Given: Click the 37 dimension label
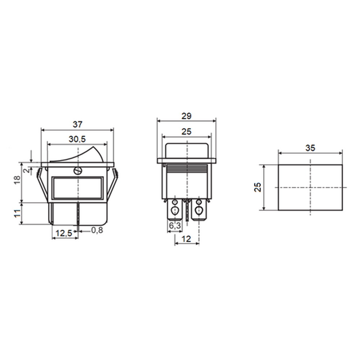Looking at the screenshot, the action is coord(77,125).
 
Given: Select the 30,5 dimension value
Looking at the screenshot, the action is coord(77,139).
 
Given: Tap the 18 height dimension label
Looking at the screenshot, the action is coord(18,180).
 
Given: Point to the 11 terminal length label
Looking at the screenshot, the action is coord(18,213).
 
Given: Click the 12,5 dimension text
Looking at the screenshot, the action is coord(64,233).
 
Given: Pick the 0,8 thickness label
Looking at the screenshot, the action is coord(97,230).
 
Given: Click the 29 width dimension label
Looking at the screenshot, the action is coord(186,116).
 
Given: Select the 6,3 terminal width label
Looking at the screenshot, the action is coord(175,226).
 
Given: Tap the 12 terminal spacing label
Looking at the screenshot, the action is coord(186,239).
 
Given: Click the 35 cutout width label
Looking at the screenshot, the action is coord(310,148).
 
